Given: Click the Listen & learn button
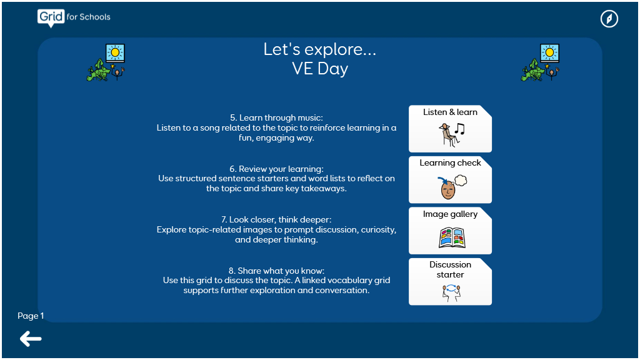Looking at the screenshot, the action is click(x=450, y=129).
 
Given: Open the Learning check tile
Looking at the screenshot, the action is click(x=450, y=179).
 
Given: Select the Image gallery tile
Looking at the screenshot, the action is click(x=450, y=231).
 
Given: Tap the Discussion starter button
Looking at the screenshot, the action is click(x=450, y=282).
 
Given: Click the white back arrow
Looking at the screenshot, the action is click(x=31, y=339).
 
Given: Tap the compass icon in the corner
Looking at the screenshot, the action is click(x=609, y=19).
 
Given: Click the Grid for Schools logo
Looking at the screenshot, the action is click(x=74, y=17).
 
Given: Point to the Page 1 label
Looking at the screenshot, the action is click(x=31, y=316).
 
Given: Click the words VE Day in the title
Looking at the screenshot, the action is click(x=320, y=69).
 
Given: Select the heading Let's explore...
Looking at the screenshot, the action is click(x=320, y=49).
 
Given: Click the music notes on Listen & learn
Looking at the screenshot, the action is click(x=460, y=129).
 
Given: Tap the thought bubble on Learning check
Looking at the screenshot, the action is click(x=461, y=180).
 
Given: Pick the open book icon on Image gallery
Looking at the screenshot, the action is click(x=452, y=238).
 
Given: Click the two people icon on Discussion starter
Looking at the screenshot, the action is click(x=451, y=292).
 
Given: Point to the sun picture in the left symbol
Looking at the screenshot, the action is click(x=115, y=52).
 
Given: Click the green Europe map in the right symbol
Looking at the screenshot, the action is click(x=532, y=70).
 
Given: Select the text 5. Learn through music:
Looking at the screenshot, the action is click(x=276, y=117).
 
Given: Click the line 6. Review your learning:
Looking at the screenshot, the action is click(x=276, y=169).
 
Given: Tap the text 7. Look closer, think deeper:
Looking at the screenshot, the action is click(x=276, y=219).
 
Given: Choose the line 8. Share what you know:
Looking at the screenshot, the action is click(x=276, y=271).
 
